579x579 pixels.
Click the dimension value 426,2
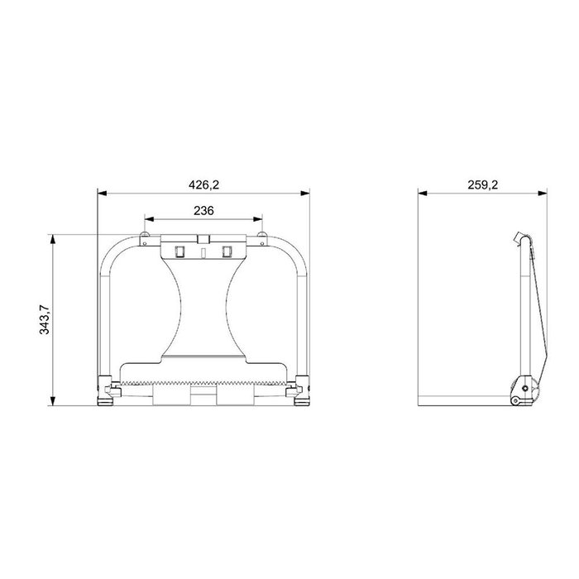[203, 184]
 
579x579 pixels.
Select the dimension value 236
[203, 210]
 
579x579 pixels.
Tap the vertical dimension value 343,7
[45, 320]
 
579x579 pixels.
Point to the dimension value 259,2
[482, 184]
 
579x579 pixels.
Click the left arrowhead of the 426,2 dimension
[102, 193]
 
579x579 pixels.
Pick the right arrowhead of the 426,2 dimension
[305, 193]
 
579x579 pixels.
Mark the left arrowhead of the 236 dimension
[149, 219]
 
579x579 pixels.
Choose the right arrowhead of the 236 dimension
[258, 219]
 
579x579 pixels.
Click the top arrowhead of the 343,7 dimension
[53, 239]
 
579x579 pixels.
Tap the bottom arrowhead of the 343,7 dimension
[53, 401]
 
